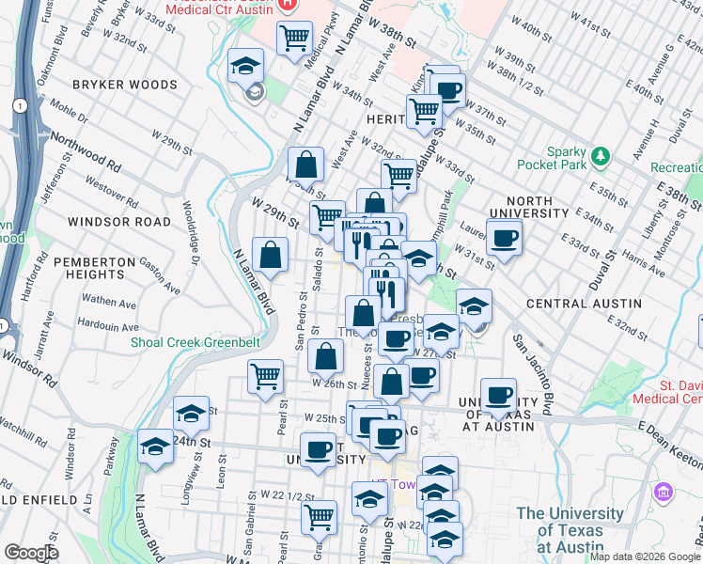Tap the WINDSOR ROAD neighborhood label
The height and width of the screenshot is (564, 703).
[x=119, y=222]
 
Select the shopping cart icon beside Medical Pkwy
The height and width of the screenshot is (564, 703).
[x=295, y=38]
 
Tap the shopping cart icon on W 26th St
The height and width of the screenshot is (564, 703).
[x=266, y=375]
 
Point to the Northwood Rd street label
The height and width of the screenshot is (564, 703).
[x=86, y=149]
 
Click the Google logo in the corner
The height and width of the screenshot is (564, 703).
[x=31, y=553]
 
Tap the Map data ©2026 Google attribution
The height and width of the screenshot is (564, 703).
[x=645, y=556]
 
